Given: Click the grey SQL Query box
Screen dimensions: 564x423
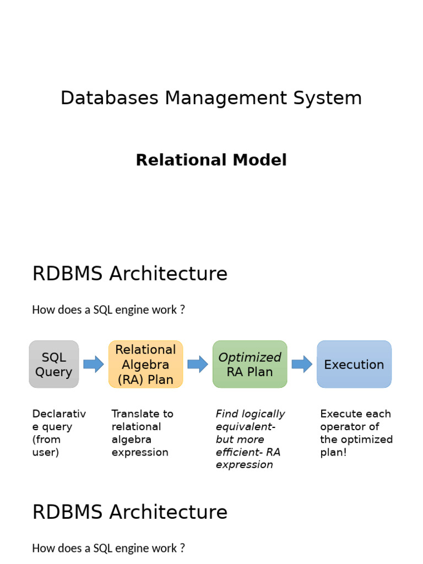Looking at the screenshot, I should (54, 364).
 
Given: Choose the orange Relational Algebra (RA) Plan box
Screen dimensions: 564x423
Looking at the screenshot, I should (145, 364).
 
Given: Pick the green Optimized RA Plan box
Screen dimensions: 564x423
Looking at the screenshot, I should (250, 364).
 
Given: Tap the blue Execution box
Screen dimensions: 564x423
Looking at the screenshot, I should (354, 364).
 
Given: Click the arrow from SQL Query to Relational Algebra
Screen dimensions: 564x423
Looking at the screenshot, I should (94, 364).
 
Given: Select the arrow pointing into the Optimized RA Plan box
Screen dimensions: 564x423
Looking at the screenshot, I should (198, 364).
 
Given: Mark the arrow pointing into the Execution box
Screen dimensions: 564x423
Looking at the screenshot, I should (302, 364).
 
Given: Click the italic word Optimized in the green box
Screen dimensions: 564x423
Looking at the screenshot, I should (250, 357).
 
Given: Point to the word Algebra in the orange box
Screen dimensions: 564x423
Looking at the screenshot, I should (145, 365).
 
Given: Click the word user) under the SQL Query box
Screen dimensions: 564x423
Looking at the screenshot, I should (45, 452).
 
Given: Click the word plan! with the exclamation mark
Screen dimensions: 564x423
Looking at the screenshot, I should (333, 452).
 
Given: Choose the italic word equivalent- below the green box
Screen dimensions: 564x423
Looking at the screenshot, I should (246, 427).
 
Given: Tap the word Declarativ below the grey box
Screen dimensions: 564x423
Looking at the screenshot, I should (59, 414).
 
